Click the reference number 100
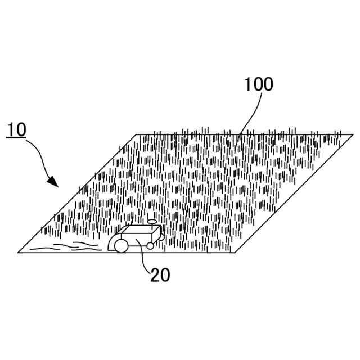pos(258,84)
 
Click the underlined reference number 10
pos(17,129)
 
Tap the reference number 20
pos(160,274)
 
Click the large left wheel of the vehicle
pos(121,245)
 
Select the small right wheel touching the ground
pos(150,246)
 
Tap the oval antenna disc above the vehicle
pos(152,222)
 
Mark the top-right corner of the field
pos(353,134)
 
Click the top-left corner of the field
pos(136,134)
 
